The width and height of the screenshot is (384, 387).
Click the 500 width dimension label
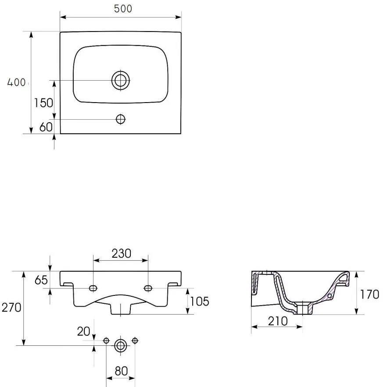123,9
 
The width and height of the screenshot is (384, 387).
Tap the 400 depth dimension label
16,82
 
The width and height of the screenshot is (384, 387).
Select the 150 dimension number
43,103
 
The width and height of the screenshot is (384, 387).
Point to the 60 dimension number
46,127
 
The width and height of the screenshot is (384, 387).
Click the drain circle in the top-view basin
121,80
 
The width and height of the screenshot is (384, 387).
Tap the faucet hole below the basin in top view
121,119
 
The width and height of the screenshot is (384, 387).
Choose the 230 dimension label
121,253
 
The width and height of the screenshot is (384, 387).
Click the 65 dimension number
41,280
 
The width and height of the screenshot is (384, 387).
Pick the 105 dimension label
200,302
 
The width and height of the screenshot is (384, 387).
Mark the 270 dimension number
11,308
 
